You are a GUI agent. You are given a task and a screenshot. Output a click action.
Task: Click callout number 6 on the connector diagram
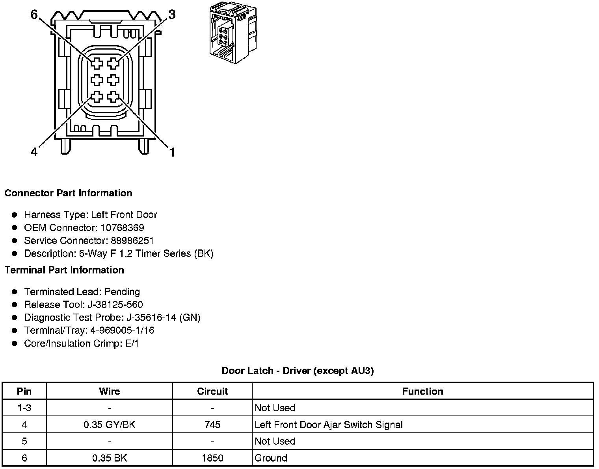point(34,15)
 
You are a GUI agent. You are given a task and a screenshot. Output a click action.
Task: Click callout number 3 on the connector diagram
point(171,15)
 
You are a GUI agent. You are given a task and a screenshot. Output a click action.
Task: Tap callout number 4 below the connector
point(34,152)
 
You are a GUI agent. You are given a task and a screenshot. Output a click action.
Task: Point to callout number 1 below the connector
point(172,152)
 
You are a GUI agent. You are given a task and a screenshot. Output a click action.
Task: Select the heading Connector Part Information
point(68,193)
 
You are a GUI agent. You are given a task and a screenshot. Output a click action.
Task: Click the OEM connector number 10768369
point(122,228)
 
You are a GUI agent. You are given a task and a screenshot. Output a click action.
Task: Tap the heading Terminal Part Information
point(64,270)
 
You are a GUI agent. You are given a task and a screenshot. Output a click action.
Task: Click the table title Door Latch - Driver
point(298,371)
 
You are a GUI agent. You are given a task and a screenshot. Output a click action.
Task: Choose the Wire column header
point(110,391)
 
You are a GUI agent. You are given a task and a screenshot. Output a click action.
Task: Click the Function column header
point(422,391)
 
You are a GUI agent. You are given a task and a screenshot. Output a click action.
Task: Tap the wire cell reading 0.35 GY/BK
point(110,425)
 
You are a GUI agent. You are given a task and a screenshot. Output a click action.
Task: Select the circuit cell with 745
point(212,425)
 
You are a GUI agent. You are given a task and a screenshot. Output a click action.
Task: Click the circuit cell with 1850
point(212,458)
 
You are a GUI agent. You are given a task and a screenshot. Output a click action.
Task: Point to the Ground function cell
point(271,458)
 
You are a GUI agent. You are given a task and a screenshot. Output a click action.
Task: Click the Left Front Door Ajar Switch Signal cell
point(329,425)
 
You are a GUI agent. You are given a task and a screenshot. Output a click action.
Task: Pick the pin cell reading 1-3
point(24,408)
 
